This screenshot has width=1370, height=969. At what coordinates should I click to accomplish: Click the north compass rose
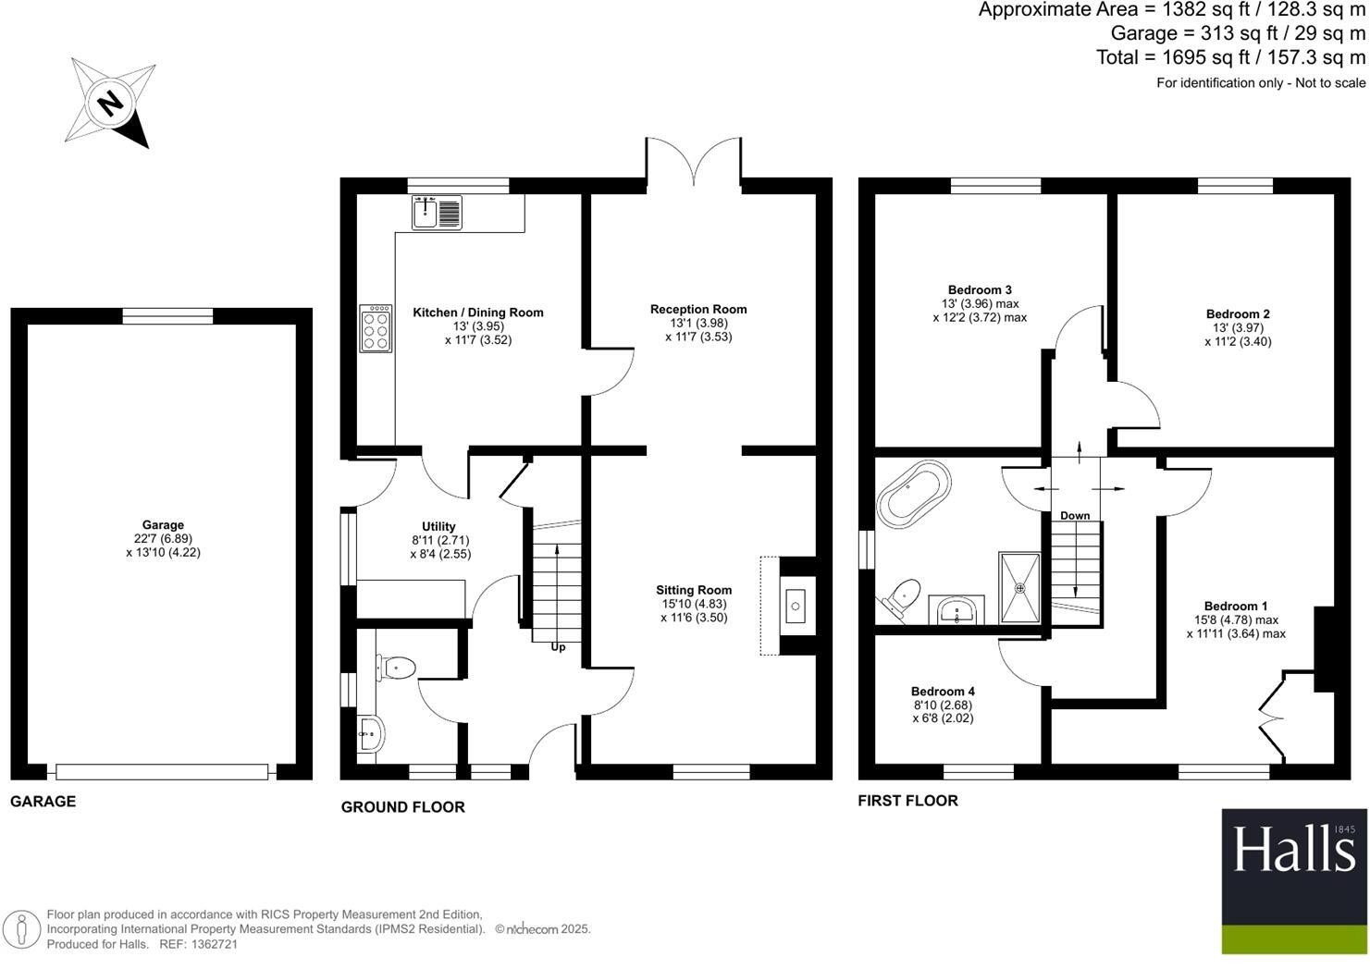(x=110, y=102)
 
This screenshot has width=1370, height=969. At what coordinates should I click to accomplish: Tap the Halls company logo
(x=1293, y=881)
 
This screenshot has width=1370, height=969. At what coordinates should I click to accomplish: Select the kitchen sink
(x=437, y=212)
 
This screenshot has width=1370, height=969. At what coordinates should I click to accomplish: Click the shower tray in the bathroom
(x=1019, y=588)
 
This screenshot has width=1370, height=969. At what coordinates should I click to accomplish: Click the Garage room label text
(x=163, y=525)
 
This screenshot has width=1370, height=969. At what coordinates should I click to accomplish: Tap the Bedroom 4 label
(x=943, y=692)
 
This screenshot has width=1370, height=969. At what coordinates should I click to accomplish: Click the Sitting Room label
(x=694, y=590)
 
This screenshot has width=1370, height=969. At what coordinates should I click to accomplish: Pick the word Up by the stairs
(x=558, y=647)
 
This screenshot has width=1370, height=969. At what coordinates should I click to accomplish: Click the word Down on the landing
(x=1075, y=516)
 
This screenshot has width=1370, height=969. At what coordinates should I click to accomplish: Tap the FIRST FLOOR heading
(x=907, y=801)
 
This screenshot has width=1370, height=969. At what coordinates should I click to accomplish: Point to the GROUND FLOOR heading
(x=402, y=807)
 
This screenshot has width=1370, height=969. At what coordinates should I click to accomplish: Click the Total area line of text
(x=1230, y=57)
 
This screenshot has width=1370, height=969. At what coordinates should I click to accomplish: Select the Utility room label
(x=439, y=526)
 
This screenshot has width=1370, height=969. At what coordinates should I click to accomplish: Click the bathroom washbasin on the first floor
(x=957, y=609)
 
